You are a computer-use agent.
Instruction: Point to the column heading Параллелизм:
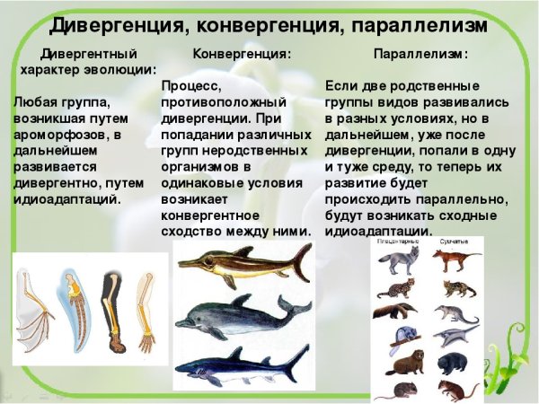pos(420,54)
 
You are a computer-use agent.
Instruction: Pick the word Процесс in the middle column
pos(192,85)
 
